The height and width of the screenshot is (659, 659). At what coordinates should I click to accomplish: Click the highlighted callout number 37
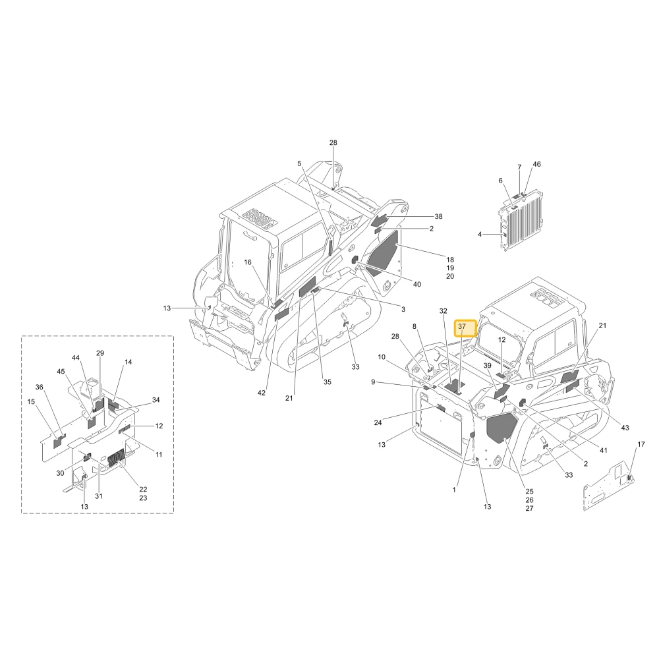coord(462,326)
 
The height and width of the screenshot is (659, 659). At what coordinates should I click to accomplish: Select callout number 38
coord(438,216)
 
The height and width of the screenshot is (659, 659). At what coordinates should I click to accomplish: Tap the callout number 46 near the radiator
coord(536,164)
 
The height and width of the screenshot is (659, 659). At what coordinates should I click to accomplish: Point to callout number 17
coord(641,444)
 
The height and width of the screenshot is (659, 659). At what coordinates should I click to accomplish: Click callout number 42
coord(262,393)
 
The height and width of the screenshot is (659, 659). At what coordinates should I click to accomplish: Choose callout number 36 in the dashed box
coord(39,387)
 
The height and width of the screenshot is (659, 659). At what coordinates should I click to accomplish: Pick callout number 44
coord(75,358)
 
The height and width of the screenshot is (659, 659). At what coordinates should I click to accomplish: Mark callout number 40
coord(417,285)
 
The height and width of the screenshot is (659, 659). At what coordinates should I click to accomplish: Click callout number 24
coord(378,422)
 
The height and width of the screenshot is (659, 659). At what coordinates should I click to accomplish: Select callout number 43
coord(625,428)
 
